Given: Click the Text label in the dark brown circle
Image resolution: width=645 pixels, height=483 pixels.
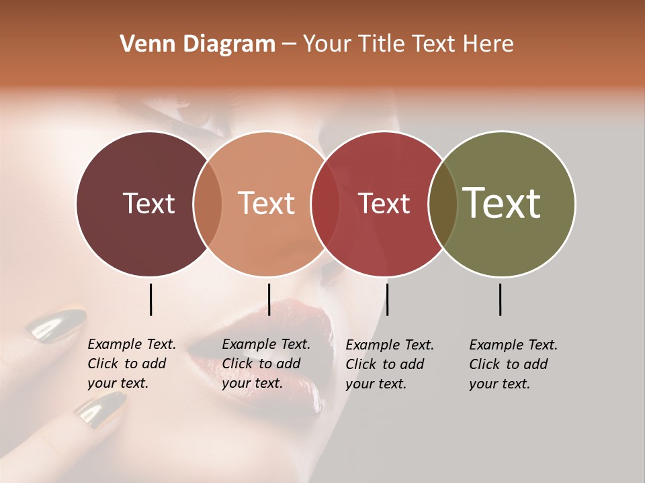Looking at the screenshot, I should pyautogui.click(x=148, y=203).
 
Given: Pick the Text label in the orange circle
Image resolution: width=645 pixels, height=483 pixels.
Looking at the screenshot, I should pyautogui.click(x=266, y=203).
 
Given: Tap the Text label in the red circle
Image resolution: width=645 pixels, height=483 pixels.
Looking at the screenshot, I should pyautogui.click(x=384, y=203).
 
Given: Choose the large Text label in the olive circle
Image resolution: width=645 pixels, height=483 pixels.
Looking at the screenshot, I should pyautogui.click(x=502, y=203).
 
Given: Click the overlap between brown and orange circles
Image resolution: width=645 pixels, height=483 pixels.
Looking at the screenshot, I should pyautogui.click(x=208, y=204).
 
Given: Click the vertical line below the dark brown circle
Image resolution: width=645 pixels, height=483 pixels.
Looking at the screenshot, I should pyautogui.click(x=150, y=299).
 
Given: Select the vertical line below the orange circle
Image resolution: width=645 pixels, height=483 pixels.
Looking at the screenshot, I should pyautogui.click(x=269, y=299).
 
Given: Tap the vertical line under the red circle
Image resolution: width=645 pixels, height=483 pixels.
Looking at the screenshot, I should pyautogui.click(x=387, y=299).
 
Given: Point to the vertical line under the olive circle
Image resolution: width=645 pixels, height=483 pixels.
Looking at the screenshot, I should pyautogui.click(x=500, y=299).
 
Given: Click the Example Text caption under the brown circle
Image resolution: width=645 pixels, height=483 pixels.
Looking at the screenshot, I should pyautogui.click(x=131, y=364).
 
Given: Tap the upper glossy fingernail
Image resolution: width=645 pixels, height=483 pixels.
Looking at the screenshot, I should pyautogui.click(x=56, y=327).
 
